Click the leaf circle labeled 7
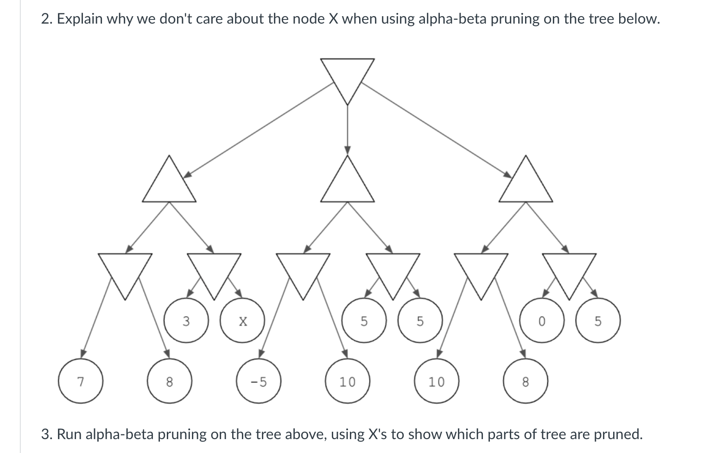pyautogui.click(x=81, y=381)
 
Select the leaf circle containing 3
pyautogui.click(x=186, y=321)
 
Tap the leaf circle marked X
pyautogui.click(x=242, y=321)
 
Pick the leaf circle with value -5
pyautogui.click(x=259, y=381)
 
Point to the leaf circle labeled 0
pyautogui.click(x=542, y=321)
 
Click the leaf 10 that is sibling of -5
pyautogui.click(x=348, y=381)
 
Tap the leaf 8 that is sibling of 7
pyautogui.click(x=170, y=381)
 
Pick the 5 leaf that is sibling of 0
pyautogui.click(x=598, y=321)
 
